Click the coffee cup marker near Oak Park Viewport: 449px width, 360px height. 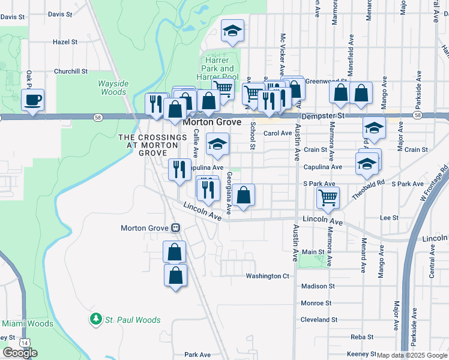point(33,99)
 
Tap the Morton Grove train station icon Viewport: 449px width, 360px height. point(176,228)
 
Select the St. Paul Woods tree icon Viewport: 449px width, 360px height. point(95,319)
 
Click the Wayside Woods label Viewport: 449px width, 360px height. point(113,88)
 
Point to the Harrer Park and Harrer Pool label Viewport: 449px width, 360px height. point(219,68)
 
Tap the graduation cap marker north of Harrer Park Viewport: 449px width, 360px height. point(232,31)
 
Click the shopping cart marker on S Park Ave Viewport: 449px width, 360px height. point(328,197)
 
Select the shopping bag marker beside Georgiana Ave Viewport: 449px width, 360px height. point(243,195)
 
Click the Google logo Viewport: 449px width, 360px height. point(20,353)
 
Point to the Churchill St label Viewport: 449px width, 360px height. point(71,71)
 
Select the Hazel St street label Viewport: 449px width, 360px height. point(65,42)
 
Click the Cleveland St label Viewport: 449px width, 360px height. point(319,320)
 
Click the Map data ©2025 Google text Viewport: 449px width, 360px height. point(412,355)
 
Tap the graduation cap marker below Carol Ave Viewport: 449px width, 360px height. point(218,143)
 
